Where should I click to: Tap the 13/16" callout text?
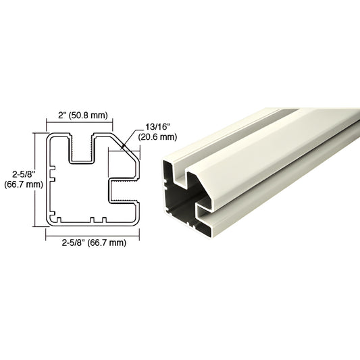click(157, 127)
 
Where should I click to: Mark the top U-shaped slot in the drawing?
click(80, 150)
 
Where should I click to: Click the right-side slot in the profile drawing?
click(125, 190)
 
